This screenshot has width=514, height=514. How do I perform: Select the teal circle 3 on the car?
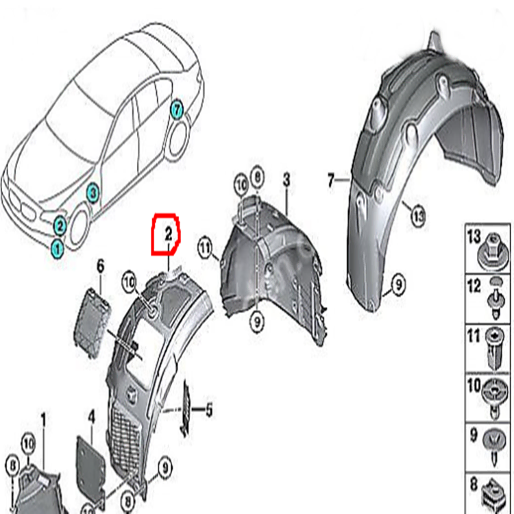point(93,193)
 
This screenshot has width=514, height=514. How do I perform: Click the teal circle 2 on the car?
point(60,223)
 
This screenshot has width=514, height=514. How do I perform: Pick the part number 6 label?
point(100,265)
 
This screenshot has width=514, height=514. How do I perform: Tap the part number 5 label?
point(209,411)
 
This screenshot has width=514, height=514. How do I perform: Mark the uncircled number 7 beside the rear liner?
point(332,181)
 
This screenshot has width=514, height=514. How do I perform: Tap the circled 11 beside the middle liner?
point(204,247)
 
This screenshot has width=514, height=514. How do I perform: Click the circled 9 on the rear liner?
point(395,280)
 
